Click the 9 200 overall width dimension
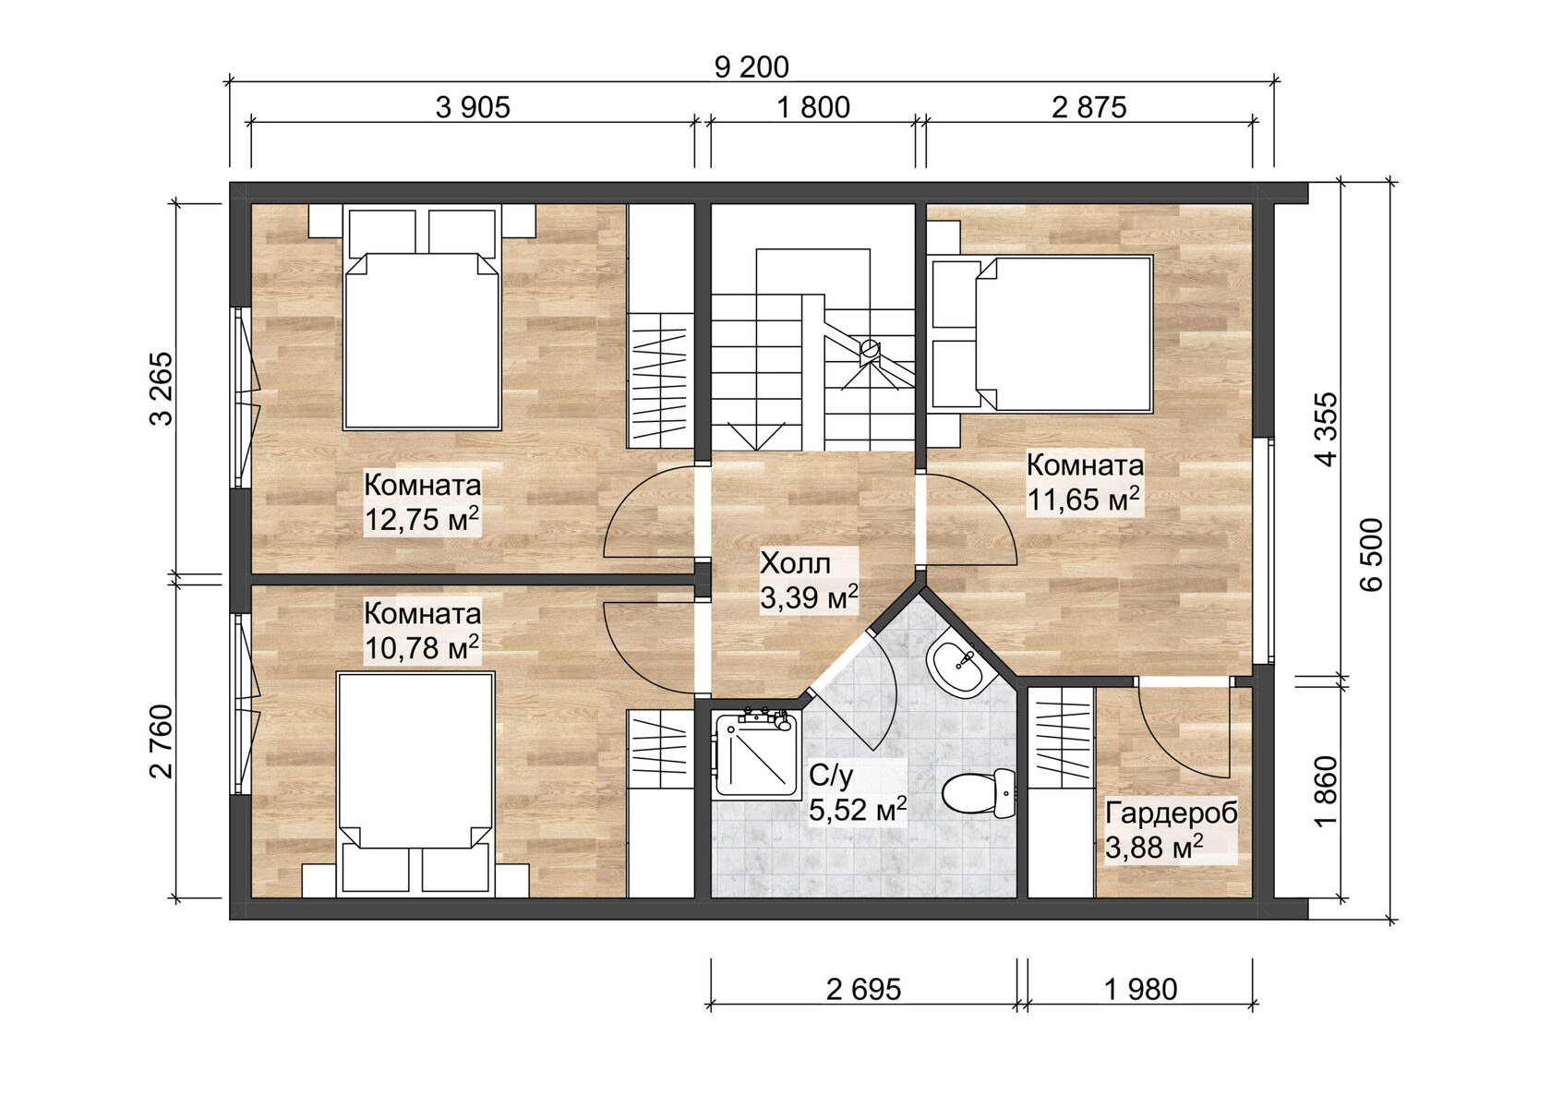pos(751,67)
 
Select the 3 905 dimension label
pos(473,108)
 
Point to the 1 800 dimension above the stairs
pos(812,108)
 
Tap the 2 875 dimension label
pos(1088,108)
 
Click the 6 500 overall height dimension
pos(1373,554)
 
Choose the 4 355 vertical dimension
pos(1326,429)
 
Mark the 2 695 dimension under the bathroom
pos(863,990)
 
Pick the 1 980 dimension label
pos(1140,990)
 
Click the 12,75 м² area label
pos(422,519)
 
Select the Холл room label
pos(795,563)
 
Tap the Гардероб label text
pos(1171,813)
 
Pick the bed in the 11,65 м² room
pos(1062,332)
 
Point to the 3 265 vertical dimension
pos(161,388)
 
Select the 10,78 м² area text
pos(422,647)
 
